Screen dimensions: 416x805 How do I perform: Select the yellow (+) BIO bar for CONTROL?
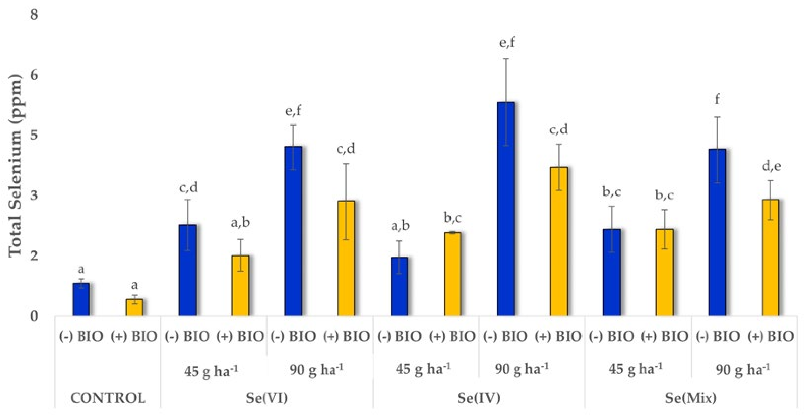click(134, 307)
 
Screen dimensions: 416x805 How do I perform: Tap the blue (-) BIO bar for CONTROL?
click(81, 299)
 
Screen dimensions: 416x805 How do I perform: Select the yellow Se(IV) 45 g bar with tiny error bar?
click(452, 273)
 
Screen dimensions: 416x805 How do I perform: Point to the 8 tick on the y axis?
click(34, 15)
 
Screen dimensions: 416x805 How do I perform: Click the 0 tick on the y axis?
click(34, 316)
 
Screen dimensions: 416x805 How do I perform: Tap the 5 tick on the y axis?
click(34, 135)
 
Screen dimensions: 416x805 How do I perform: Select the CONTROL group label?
click(108, 398)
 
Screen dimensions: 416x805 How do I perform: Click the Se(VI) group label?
click(267, 398)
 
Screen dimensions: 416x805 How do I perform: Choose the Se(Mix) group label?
click(691, 398)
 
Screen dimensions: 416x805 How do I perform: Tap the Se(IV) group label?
click(479, 398)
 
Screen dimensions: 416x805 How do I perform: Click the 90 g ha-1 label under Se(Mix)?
click(743, 370)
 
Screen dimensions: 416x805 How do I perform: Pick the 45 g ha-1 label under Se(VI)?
click(211, 370)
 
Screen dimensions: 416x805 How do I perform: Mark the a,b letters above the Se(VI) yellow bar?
click(240, 223)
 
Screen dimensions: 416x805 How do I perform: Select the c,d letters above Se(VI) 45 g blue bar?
click(188, 187)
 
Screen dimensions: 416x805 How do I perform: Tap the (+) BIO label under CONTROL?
click(134, 337)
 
